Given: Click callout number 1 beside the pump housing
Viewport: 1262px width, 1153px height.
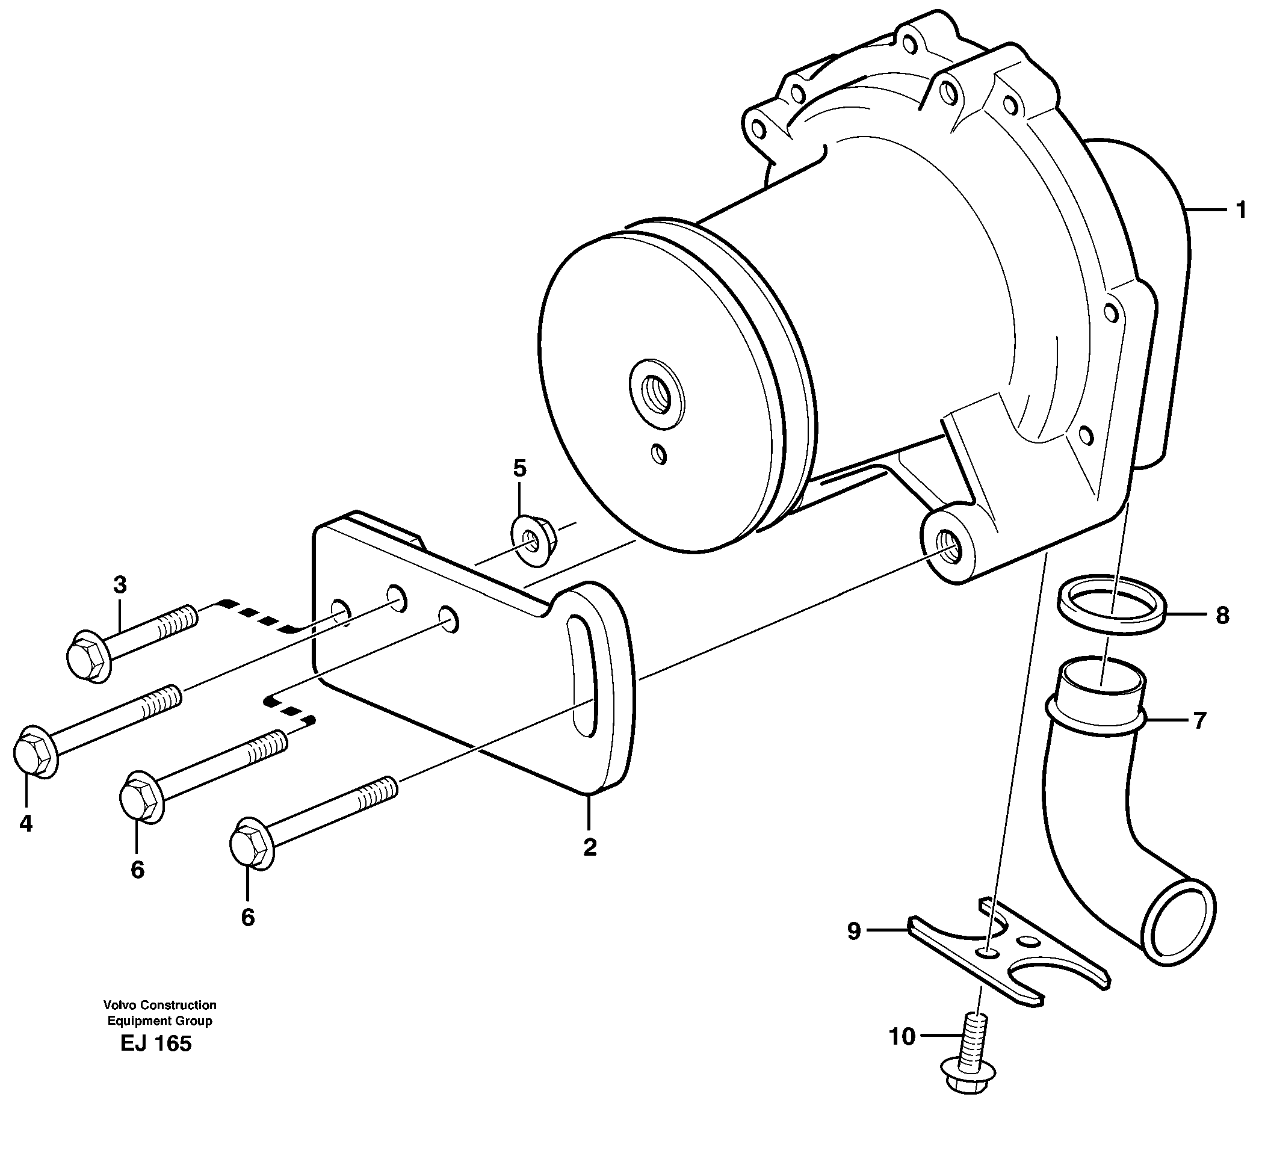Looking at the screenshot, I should tap(1240, 210).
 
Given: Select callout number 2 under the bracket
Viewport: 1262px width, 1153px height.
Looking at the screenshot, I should tap(589, 847).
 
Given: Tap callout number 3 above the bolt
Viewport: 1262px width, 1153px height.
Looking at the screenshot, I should tap(120, 586).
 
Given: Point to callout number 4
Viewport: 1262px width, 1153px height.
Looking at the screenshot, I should tap(26, 824).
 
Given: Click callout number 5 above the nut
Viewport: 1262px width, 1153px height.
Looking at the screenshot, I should tap(519, 468).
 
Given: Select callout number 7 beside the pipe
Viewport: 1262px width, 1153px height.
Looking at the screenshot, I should tap(1199, 721).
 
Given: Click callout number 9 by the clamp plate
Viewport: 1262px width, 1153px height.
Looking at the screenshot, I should tap(854, 932).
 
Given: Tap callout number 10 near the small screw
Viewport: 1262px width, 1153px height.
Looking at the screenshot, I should tap(902, 1037).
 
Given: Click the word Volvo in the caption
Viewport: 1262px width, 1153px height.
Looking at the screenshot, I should tap(120, 1006).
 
